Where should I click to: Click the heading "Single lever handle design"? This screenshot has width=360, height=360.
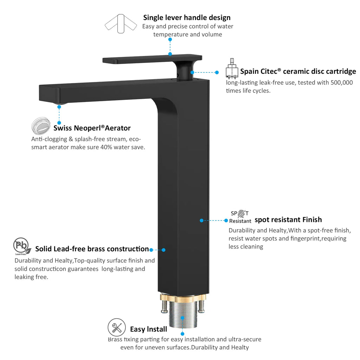pos(187,18)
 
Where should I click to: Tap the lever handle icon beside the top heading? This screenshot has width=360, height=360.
pos(121,24)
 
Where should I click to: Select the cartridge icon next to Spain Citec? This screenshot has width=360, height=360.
pos(232,69)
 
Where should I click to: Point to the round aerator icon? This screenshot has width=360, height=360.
pos(41,126)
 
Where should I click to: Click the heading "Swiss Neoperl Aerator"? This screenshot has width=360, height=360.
pos(92,128)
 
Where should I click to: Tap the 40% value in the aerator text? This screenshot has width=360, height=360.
pos(106,147)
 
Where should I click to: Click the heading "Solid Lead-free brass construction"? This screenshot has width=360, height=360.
pos(92,249)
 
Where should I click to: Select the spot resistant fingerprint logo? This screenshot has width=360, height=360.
pos(240,217)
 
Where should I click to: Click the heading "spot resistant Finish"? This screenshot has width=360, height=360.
pos(288,220)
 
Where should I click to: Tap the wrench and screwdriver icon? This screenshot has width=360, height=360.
pos(117,327)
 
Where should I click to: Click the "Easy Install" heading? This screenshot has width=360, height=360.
pos(149,329)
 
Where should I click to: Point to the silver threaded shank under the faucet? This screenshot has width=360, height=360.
pos(183,315)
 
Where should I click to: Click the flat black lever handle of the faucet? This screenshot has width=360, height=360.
pos(152,59)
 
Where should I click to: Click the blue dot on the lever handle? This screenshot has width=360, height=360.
pos(170,54)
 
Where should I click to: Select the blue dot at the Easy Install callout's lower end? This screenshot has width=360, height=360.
pos(182,334)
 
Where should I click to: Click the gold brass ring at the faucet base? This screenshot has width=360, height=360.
pos(183,298)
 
